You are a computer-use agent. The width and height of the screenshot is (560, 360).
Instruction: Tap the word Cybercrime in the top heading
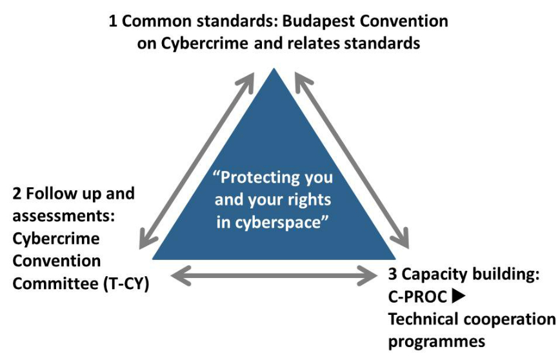(205, 44)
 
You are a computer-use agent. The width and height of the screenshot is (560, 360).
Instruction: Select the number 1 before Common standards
(113, 21)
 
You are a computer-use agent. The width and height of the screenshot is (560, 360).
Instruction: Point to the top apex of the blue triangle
(274, 68)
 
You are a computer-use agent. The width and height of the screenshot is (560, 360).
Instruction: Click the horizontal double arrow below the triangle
(274, 275)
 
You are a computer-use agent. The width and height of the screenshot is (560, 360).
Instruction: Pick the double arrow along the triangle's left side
(196, 161)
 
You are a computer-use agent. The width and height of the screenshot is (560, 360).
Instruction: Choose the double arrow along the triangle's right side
(352, 159)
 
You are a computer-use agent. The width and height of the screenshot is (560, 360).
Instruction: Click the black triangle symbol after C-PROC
(458, 296)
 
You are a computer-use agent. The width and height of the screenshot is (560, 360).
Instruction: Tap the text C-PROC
(417, 297)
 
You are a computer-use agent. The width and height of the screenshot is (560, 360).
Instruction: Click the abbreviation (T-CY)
(126, 285)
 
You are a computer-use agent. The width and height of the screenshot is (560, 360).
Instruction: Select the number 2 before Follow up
(17, 194)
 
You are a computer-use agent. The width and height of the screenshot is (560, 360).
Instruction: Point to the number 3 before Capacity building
(392, 274)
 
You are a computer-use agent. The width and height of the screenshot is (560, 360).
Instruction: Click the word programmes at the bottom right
(436, 342)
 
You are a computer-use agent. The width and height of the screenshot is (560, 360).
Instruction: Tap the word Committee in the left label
(55, 284)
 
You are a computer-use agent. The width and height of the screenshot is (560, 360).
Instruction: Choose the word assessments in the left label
(64, 216)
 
